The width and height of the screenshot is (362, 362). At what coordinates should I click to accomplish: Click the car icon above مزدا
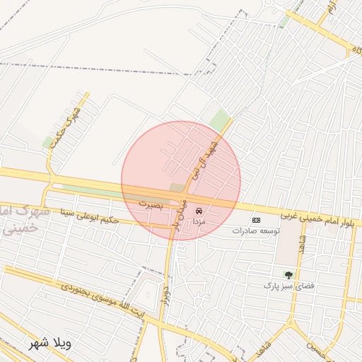(x=199, y=211)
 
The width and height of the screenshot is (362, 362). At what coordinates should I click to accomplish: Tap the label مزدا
(x=199, y=221)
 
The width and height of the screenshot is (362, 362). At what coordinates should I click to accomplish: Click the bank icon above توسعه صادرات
(x=256, y=220)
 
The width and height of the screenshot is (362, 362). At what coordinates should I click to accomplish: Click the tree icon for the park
(x=288, y=274)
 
